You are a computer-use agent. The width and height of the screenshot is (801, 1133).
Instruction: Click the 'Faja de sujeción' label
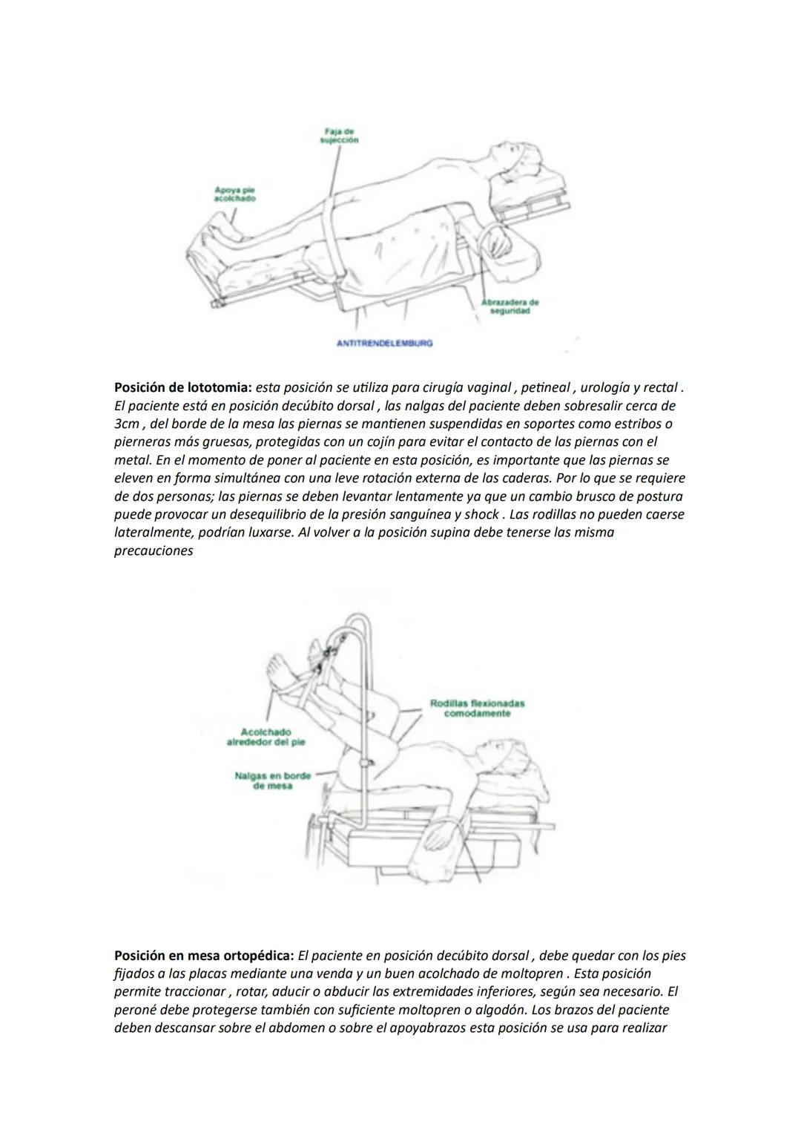(340, 135)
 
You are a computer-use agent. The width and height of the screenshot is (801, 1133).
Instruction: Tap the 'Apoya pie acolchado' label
(228, 194)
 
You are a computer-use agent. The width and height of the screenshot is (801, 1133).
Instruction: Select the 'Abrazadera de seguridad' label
(510, 306)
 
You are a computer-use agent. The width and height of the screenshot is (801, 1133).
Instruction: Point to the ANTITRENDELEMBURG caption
(384, 344)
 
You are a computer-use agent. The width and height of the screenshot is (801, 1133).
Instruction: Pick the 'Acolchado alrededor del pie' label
(266, 737)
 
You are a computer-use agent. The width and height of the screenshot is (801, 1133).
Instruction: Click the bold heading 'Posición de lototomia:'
(183, 388)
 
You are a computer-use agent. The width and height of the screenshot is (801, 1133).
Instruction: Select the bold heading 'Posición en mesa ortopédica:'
(204, 956)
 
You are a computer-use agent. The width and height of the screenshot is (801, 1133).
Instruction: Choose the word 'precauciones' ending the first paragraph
(154, 551)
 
